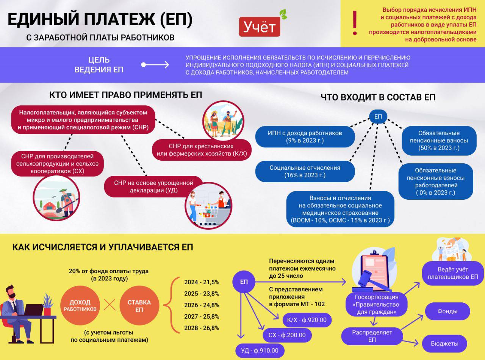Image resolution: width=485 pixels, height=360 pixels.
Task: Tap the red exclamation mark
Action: click(x=355, y=23)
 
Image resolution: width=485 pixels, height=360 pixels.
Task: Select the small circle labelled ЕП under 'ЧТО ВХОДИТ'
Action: click(x=378, y=116)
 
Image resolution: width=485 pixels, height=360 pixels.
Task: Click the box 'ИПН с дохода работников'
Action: click(x=305, y=137)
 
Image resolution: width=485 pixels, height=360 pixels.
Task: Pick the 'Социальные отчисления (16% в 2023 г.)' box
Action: click(x=305, y=171)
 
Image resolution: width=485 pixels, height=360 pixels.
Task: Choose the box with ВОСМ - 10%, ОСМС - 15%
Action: click(x=340, y=209)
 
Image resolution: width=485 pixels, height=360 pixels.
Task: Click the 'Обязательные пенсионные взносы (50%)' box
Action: click(x=439, y=141)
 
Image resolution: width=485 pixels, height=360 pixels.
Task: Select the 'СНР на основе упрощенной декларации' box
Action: click(x=153, y=186)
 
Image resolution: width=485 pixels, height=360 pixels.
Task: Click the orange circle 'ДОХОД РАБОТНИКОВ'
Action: click(x=80, y=305)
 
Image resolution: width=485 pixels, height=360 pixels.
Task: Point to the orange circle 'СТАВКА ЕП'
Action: click(x=139, y=305)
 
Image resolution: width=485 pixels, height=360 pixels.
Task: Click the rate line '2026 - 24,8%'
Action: click(x=202, y=305)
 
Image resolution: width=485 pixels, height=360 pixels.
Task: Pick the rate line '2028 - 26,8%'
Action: click(x=202, y=328)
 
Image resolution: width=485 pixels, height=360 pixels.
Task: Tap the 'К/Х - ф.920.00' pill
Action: click(x=307, y=320)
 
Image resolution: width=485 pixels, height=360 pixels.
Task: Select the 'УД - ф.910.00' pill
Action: click(x=260, y=351)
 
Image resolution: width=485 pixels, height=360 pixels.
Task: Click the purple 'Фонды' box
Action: click(x=447, y=311)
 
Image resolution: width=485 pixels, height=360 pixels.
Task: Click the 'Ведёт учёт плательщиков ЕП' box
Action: click(x=452, y=273)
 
